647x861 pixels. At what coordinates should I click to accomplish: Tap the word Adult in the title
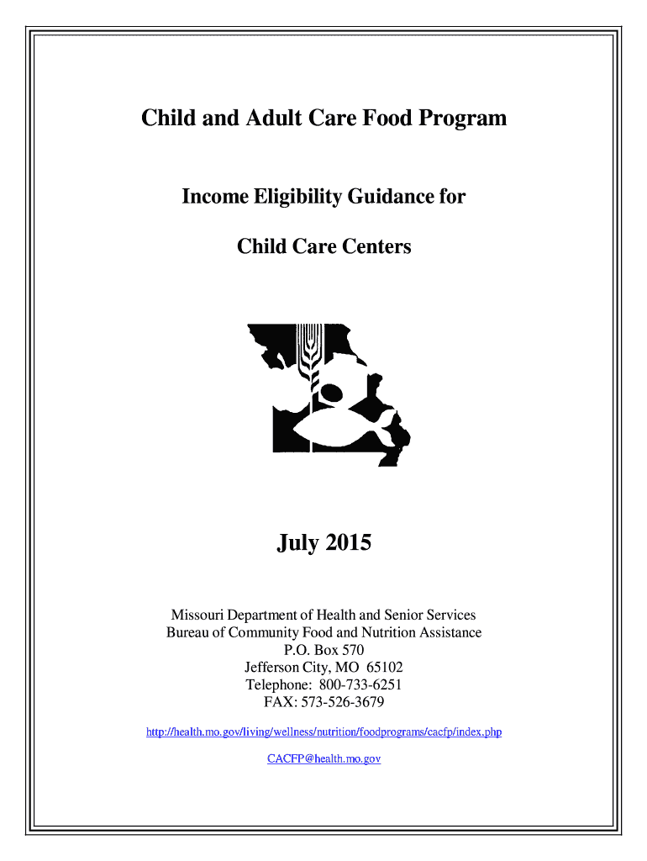click(254, 119)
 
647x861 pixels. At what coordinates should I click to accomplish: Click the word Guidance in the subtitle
click(390, 198)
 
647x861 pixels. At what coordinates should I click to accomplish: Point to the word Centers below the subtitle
click(376, 247)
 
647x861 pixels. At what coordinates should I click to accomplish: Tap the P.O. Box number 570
click(352, 650)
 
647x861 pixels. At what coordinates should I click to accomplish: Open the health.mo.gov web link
click(323, 732)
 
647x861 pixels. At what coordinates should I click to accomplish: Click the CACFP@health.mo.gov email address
click(323, 758)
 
